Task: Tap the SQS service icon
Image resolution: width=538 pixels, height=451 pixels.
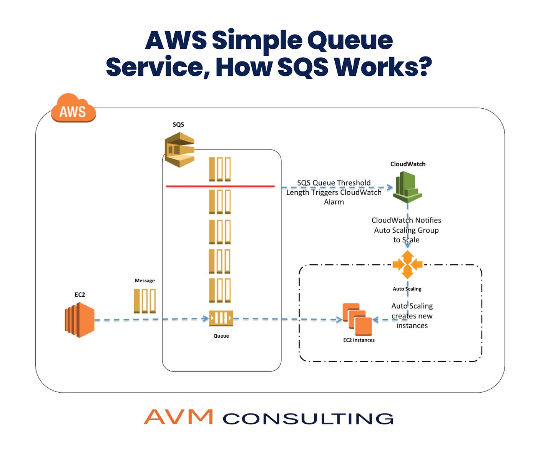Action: pos(179,149)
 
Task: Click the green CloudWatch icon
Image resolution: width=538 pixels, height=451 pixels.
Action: pos(407,187)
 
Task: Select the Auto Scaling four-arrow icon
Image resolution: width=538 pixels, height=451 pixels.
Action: pos(407,264)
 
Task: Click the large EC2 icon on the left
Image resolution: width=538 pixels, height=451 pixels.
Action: pos(80,320)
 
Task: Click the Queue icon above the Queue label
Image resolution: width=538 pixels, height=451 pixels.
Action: pos(221,318)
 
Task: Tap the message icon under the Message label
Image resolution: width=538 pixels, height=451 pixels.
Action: pos(144,301)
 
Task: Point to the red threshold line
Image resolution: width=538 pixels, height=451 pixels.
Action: pos(220,186)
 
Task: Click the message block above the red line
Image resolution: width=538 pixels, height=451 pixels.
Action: pos(220,169)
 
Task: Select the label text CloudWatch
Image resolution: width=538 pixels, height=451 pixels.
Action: pos(408,164)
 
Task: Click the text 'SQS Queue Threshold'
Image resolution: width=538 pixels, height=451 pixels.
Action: pos(334,182)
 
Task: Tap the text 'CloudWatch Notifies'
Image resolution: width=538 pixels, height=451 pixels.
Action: pos(406,220)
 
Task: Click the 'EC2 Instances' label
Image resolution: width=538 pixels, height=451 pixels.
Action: pos(359,340)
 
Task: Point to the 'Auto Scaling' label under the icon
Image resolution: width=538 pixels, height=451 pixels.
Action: pos(407,289)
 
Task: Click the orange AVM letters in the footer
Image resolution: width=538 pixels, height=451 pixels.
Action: pos(178,417)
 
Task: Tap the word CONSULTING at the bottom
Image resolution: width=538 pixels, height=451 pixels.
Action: pos(308,418)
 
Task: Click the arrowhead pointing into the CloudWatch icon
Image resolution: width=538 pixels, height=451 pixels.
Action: pos(390,187)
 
